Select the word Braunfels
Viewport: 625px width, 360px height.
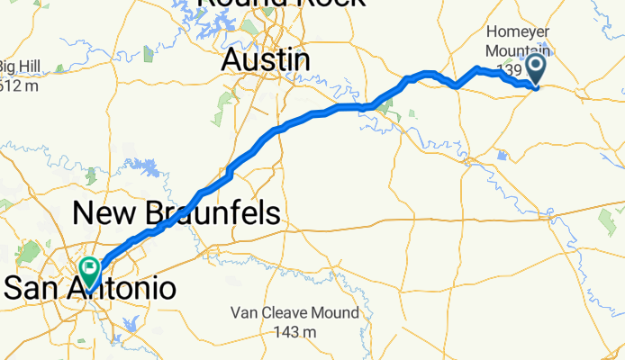213,213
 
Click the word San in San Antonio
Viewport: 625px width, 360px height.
34,289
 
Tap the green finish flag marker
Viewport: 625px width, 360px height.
90,269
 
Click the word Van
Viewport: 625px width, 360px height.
244,314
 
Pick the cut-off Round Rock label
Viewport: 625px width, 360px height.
281,4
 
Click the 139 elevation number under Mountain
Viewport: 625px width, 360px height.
509,69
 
